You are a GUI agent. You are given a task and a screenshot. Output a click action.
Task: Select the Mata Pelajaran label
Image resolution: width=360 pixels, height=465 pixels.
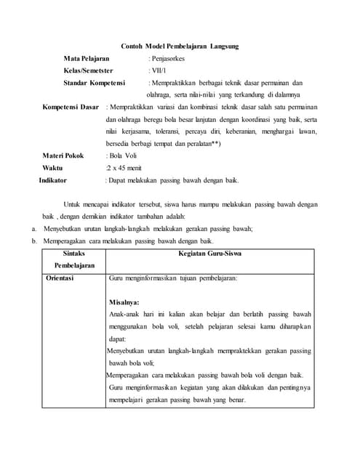coord(86,58)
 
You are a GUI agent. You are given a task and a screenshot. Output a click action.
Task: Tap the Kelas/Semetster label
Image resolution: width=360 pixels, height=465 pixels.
coord(89,70)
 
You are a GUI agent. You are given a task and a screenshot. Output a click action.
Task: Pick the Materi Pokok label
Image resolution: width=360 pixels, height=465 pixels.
coord(63,155)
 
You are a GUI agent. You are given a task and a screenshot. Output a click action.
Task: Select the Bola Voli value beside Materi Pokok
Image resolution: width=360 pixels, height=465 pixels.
coord(123,155)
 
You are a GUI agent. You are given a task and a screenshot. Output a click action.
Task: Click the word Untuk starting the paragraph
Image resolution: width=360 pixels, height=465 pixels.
coord(74,204)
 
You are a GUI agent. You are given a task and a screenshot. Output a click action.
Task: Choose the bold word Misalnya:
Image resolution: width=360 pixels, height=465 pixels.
coord(124,302)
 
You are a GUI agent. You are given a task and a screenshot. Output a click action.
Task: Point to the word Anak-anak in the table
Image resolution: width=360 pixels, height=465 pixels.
coord(125,314)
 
